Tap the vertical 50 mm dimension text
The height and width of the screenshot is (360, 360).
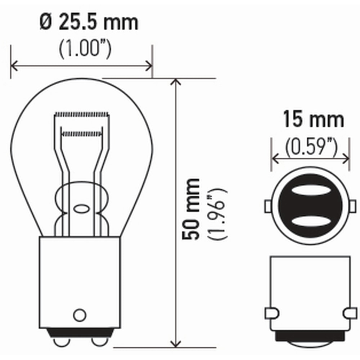pyautogui.click(x=191, y=209)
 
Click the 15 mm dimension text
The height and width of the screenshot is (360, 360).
pyautogui.click(x=313, y=120)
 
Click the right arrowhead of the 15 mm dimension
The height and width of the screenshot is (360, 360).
pyautogui.click(x=346, y=158)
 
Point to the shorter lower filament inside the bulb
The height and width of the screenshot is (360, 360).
pyautogui.click(x=82, y=134)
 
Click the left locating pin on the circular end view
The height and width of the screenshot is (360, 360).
pyautogui.click(x=268, y=206)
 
